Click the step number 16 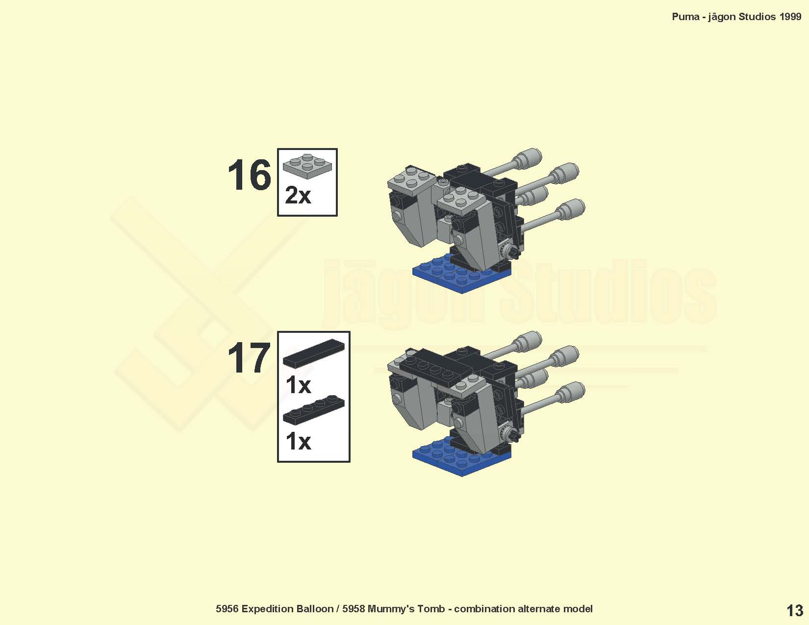[249, 175]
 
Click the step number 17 [249, 358]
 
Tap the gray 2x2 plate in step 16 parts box [307, 166]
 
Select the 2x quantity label [298, 195]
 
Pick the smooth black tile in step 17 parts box [314, 352]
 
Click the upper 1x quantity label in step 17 [298, 385]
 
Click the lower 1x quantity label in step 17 [298, 442]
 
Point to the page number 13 [794, 611]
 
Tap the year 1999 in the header [790, 17]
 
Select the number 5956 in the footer [227, 609]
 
